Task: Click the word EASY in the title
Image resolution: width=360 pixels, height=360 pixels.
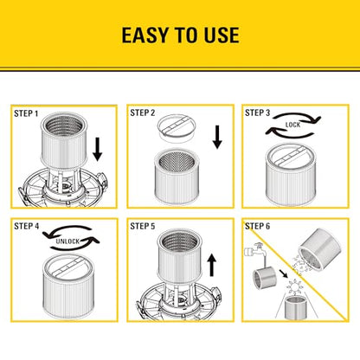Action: tap(145, 35)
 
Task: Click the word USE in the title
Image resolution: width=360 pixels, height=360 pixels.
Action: tap(222, 35)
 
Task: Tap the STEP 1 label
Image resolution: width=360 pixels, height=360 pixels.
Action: tap(26, 113)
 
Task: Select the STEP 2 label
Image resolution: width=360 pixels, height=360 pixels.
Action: tap(143, 112)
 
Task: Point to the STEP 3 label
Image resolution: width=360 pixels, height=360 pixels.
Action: tap(257, 112)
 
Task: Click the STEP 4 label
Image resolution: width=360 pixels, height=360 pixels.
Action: tap(26, 226)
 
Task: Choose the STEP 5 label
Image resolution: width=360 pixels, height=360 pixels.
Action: tap(143, 226)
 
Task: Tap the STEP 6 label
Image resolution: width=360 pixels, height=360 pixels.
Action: tap(257, 226)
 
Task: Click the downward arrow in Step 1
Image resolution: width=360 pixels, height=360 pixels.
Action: tap(98, 150)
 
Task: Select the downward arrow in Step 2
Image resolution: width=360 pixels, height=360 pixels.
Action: tap(217, 137)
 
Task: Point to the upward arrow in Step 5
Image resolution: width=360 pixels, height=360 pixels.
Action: tap(212, 265)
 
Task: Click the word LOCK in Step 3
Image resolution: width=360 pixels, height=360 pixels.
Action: tap(292, 125)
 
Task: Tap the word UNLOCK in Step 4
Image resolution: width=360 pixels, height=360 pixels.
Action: tap(67, 241)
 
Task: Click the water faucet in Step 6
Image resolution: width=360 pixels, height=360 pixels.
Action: tap(254, 249)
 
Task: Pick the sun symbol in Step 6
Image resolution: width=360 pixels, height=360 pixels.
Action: tap(293, 286)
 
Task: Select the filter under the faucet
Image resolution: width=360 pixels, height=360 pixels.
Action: tap(265, 278)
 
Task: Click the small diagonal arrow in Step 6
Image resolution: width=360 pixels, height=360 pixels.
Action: tap(283, 273)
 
